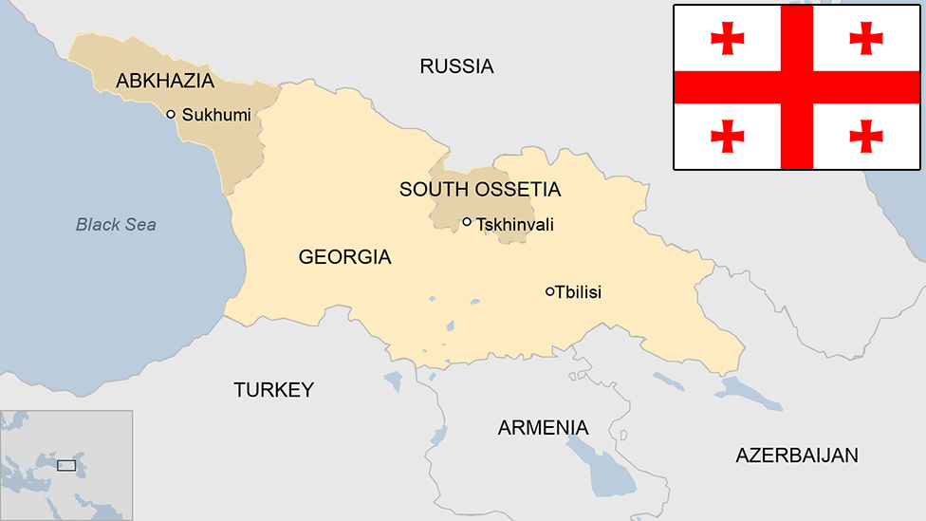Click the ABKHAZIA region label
[164, 81]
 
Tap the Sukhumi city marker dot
[171, 114]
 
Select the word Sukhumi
[216, 115]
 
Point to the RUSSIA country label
[456, 65]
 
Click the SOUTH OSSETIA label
[479, 190]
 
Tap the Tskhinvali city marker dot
[467, 222]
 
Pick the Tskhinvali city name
[514, 225]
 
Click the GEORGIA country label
[344, 256]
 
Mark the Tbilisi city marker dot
[549, 291]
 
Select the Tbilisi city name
[579, 292]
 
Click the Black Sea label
[116, 225]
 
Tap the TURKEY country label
[273, 389]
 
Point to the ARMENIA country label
[543, 427]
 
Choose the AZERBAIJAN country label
[796, 455]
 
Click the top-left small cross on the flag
[728, 38]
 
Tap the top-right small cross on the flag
[866, 38]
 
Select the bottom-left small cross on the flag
[728, 135]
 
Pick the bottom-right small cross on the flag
[866, 135]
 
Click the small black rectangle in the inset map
[66, 465]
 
